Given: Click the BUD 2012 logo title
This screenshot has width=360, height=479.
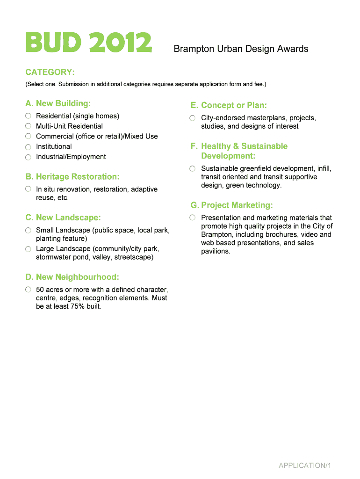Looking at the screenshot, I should [88, 43].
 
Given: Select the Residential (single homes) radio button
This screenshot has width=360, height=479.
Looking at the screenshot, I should [29, 116].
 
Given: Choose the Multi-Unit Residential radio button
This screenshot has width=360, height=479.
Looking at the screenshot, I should [29, 126].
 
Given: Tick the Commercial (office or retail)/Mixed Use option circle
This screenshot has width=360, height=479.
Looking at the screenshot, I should [29, 136].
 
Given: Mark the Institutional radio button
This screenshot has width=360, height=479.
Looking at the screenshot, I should [29, 146].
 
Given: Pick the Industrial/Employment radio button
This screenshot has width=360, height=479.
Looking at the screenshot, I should [29, 157].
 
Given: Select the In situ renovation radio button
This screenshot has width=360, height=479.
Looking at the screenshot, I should [29, 189].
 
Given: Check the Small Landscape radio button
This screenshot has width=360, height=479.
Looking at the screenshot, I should [29, 231].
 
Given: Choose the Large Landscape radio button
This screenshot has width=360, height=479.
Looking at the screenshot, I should [29, 249].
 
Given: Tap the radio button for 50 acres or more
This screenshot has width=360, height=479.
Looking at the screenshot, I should [29, 290].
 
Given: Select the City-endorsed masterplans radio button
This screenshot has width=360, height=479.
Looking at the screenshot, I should [193, 118].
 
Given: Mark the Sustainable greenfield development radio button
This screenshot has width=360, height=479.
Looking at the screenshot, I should [193, 168].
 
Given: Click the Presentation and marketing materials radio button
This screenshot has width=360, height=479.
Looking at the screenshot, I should [193, 218].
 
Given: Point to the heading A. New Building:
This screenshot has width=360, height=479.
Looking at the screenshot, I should [58, 103].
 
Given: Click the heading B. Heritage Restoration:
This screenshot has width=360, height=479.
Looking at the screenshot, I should [72, 177].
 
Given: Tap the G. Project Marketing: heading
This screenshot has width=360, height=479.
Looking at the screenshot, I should [231, 205].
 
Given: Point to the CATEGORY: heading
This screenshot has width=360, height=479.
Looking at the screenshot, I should [50, 73].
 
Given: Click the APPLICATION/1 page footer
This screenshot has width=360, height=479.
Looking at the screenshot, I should [305, 465].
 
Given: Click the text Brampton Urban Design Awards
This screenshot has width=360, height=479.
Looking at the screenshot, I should [241, 49].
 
